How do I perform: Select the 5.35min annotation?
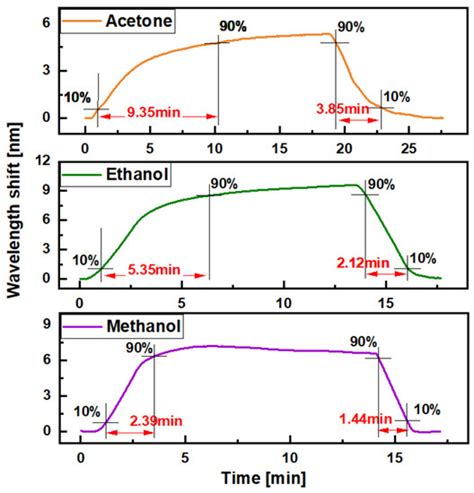153,268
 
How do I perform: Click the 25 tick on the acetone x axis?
408,148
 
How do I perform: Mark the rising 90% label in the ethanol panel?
223,183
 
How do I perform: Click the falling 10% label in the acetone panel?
396,96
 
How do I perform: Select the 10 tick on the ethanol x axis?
285,302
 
